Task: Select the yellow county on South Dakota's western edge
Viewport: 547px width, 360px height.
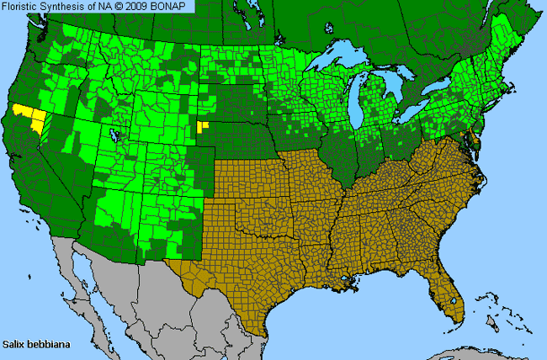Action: point(201,128)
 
